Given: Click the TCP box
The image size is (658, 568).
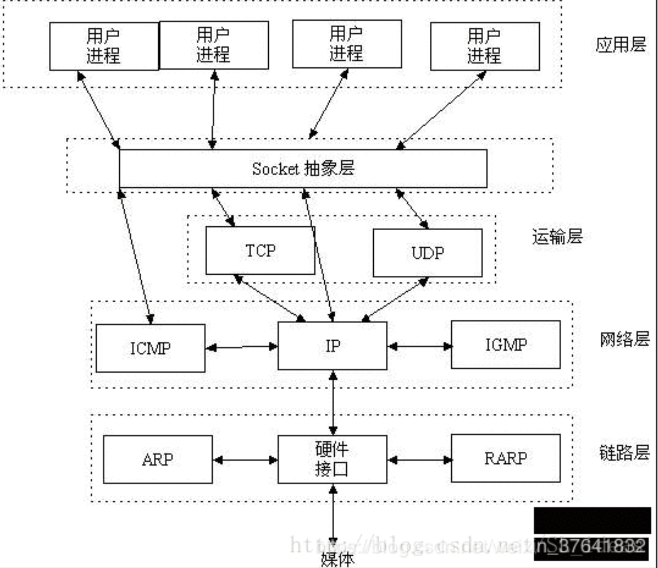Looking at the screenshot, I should pyautogui.click(x=260, y=250).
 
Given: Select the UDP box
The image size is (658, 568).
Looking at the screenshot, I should pyautogui.click(x=427, y=253).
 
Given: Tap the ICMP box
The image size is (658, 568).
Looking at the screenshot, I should pyautogui.click(x=150, y=348).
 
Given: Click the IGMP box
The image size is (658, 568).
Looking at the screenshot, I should pyautogui.click(x=506, y=345).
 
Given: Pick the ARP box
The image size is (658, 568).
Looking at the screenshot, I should pyautogui.click(x=158, y=459).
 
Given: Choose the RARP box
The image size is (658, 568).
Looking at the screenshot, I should pyautogui.click(x=506, y=458).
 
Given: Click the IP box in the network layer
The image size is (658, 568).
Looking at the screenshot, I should pyautogui.click(x=332, y=346).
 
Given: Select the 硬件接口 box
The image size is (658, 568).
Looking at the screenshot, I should pyautogui.click(x=332, y=459).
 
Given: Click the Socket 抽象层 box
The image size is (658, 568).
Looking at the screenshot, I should pyautogui.click(x=303, y=169).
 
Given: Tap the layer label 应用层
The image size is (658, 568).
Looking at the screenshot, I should pyautogui.click(x=621, y=44).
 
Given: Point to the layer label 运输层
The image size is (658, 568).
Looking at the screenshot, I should pyautogui.click(x=557, y=237).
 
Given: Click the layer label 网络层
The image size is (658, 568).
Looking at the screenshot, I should pyautogui.click(x=625, y=339).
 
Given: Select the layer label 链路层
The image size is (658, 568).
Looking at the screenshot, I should pyautogui.click(x=625, y=453).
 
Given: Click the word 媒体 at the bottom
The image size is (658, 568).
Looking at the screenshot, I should pyautogui.click(x=337, y=559).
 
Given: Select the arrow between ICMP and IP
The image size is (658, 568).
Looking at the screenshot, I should pyautogui.click(x=241, y=347).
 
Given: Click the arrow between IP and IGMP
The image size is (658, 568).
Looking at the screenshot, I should pyautogui.click(x=419, y=346).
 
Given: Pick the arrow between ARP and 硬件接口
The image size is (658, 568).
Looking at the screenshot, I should pyautogui.click(x=245, y=460).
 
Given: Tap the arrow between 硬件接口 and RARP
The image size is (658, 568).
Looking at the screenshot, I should pyautogui.click(x=419, y=459).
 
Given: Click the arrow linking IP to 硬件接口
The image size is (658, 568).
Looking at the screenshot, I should pyautogui.click(x=333, y=403).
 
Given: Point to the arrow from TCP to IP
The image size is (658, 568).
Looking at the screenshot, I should pyautogui.click(x=270, y=298).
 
